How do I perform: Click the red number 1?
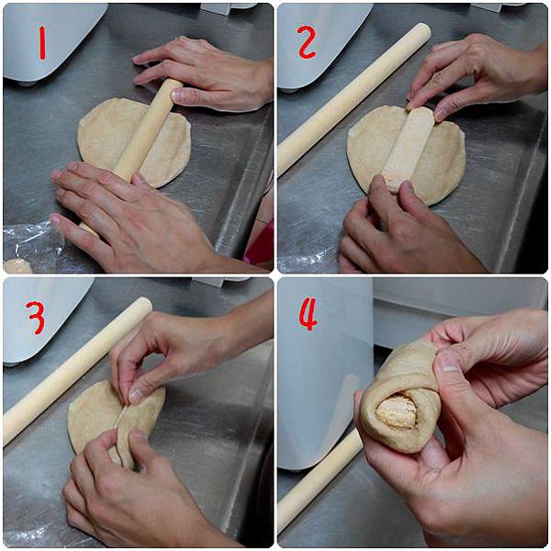(x=42, y=43)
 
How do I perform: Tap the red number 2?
(x=307, y=41)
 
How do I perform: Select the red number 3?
(x=36, y=318)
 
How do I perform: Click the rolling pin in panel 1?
(x=141, y=141)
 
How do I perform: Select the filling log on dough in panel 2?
(x=408, y=150)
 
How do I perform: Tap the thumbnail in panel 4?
(x=448, y=362)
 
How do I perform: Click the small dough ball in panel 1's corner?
(x=17, y=266)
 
